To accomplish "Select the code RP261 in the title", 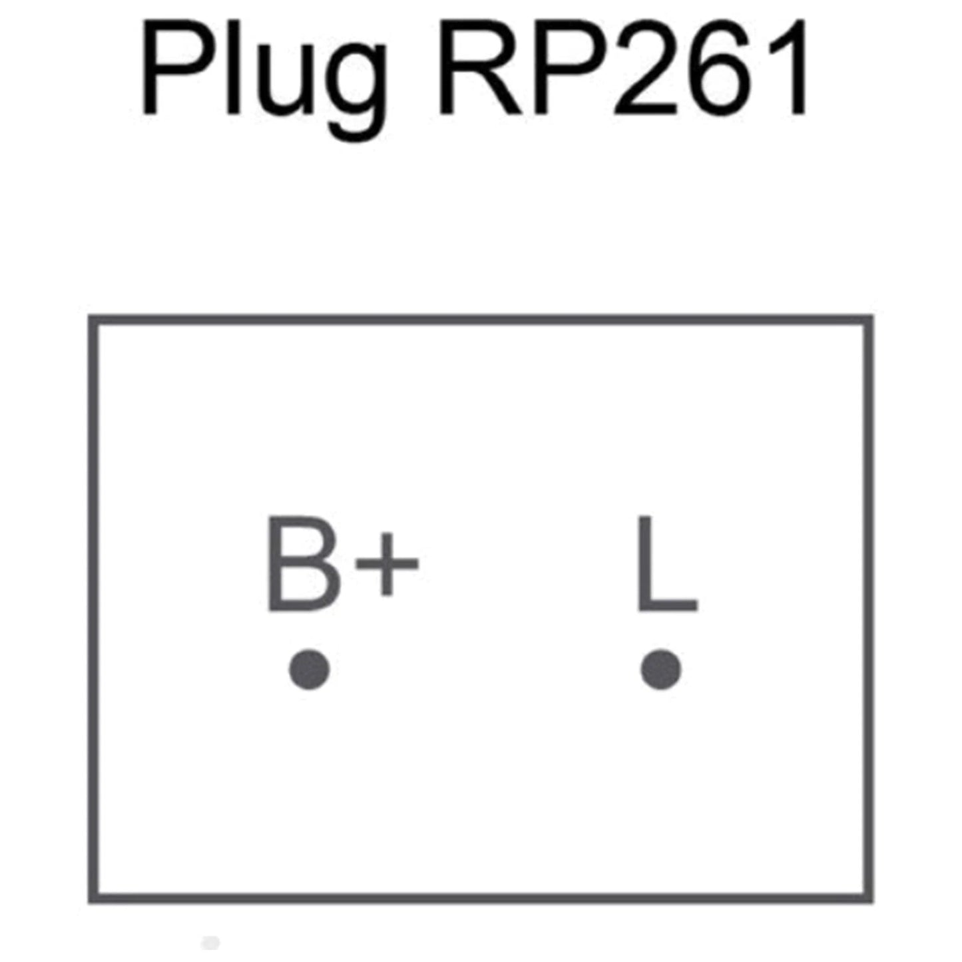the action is [622, 67].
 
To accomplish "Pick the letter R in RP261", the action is [480, 67].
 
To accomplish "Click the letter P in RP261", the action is [570, 67].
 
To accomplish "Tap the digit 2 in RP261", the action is [645, 67].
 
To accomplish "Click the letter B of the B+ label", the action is [304, 564].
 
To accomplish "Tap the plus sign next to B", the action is [386, 564].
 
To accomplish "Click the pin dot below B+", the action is [310, 670].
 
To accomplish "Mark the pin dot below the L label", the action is [661, 670].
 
